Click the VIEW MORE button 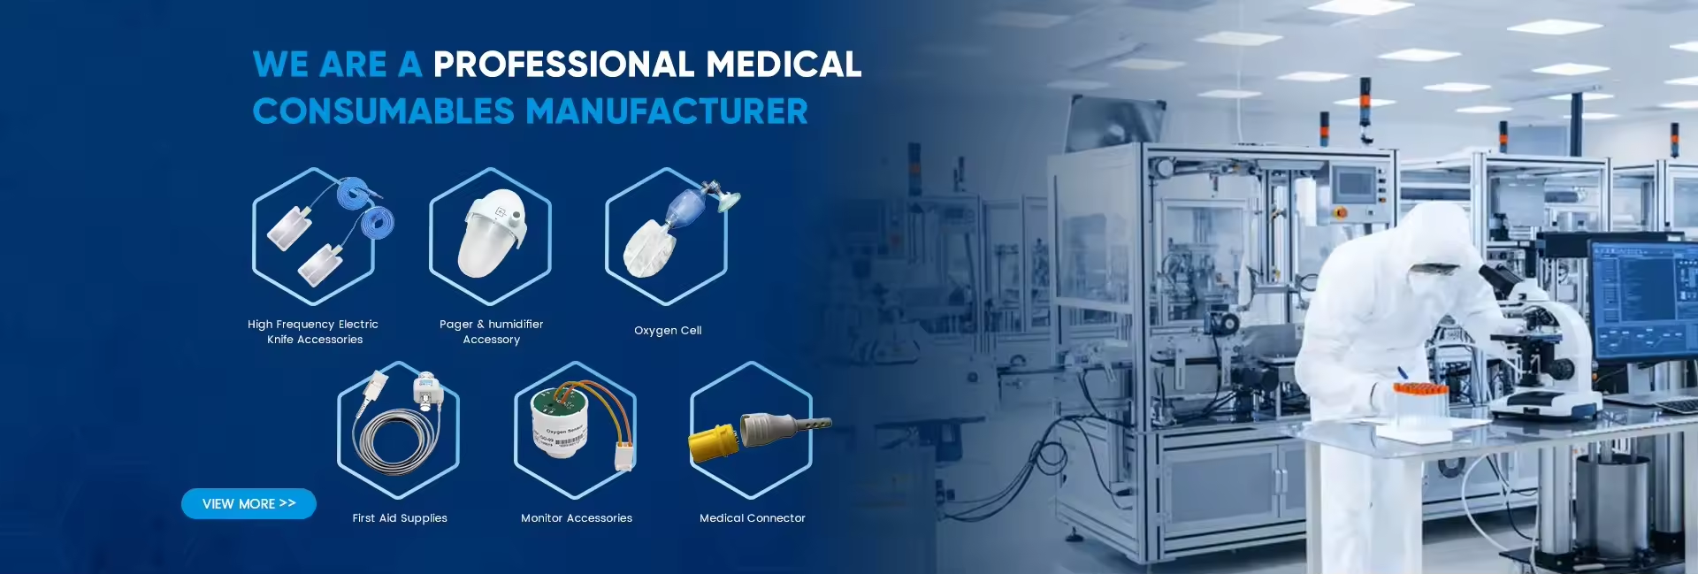click(249, 503)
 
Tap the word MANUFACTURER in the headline click(667, 111)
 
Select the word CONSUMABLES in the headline click(383, 111)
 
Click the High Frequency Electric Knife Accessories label click(313, 332)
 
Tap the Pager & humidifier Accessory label click(492, 332)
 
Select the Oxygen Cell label click(668, 330)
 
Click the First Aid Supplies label click(400, 517)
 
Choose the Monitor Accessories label click(577, 517)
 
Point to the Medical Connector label click(753, 517)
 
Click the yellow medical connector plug click(713, 442)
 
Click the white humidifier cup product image click(492, 233)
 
